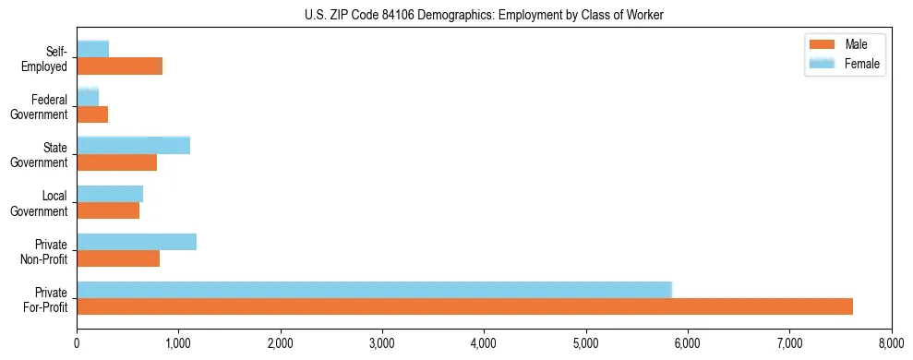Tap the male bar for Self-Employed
tap(119, 66)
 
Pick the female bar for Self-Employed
tap(92, 50)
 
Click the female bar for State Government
tap(133, 145)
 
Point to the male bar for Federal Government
tap(92, 114)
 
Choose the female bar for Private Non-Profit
tap(137, 242)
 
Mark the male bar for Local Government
tap(108, 210)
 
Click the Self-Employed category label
tap(50, 58)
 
